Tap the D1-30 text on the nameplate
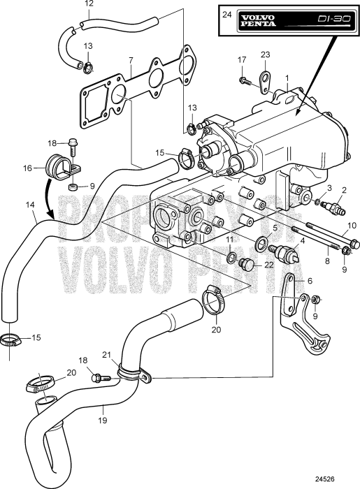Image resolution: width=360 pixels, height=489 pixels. point(334,19)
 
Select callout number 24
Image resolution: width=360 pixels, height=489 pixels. point(227,15)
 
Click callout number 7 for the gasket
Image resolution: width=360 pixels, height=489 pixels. point(131,60)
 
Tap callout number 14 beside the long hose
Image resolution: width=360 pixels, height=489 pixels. point(30,205)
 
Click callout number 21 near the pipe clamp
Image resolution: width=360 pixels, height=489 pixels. point(108,355)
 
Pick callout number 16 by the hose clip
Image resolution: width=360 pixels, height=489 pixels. point(27,168)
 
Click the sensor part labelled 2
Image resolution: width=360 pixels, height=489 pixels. point(335,207)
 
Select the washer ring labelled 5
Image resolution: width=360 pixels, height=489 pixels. point(261,244)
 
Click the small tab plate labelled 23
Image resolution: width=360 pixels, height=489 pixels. point(264,82)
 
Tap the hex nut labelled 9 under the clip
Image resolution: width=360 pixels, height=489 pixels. point(73,187)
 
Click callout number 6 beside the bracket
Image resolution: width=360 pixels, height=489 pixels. point(310,280)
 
